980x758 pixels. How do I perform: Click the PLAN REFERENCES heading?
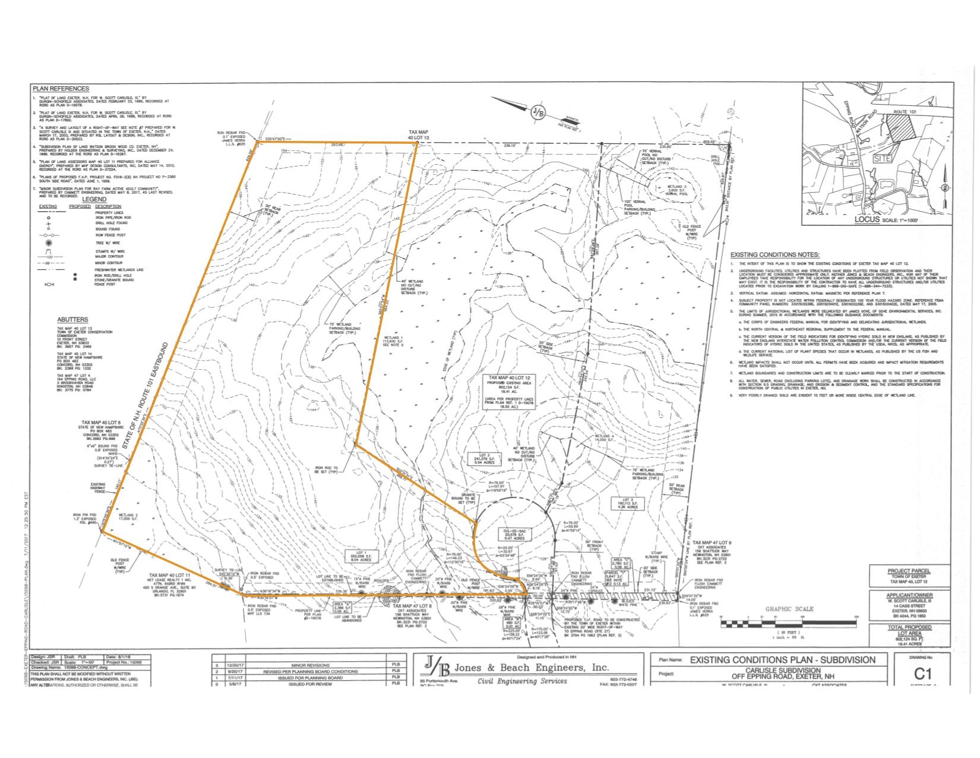pos(61,88)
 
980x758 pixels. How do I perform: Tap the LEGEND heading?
pos(94,199)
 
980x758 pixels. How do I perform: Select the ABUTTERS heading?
pos(74,319)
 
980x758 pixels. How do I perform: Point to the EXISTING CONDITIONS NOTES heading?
pos(774,254)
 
